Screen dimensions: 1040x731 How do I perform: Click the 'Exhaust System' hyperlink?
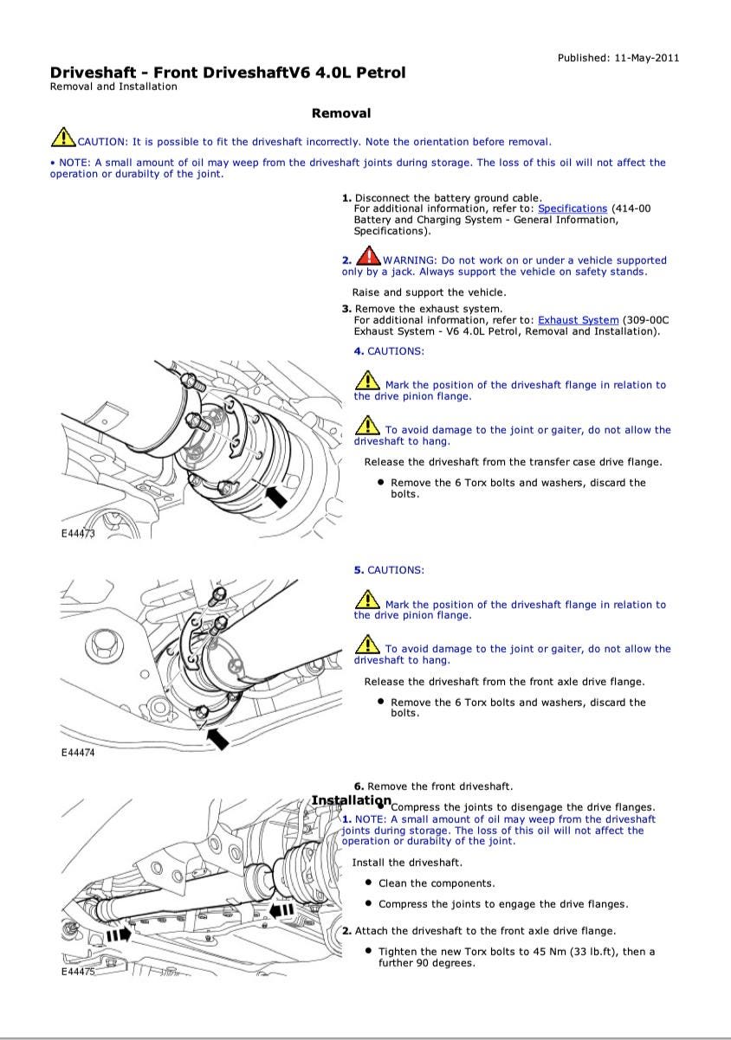pos(578,320)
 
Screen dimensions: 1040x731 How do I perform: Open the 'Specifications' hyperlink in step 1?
pos(573,209)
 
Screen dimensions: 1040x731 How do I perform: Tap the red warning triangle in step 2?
pos(369,258)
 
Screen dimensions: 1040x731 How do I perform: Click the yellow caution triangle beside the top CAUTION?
pos(62,138)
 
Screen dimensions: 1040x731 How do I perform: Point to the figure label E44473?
pos(78,534)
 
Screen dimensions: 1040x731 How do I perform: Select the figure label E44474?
pos(78,753)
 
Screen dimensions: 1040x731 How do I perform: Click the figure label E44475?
pos(78,972)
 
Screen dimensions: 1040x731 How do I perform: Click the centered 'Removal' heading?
pos(341,113)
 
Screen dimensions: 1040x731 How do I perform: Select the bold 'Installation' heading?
pos(351,801)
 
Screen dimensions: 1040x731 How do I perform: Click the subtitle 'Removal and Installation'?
pos(113,87)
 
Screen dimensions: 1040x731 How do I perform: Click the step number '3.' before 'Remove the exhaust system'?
pos(346,309)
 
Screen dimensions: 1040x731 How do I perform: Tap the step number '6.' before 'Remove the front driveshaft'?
pos(359,786)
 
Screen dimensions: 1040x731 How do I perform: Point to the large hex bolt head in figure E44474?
pos(102,642)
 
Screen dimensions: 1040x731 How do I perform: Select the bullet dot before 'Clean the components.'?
pos(369,883)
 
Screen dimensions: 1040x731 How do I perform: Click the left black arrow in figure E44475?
pos(119,934)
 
